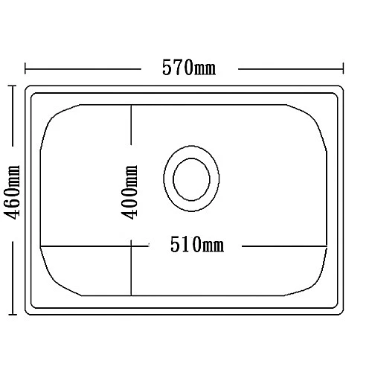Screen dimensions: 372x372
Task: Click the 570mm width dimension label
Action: coord(189,68)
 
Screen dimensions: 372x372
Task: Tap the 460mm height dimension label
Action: coord(11,197)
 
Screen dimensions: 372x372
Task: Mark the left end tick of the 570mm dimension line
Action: coord(26,70)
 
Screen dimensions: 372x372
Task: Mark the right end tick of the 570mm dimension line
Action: coord(344,70)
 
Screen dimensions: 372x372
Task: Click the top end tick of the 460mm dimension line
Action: coord(12,86)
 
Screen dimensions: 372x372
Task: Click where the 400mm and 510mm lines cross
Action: coord(132,246)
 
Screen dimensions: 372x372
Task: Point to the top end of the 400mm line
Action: coord(132,105)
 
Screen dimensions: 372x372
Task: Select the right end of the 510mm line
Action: coord(330,246)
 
